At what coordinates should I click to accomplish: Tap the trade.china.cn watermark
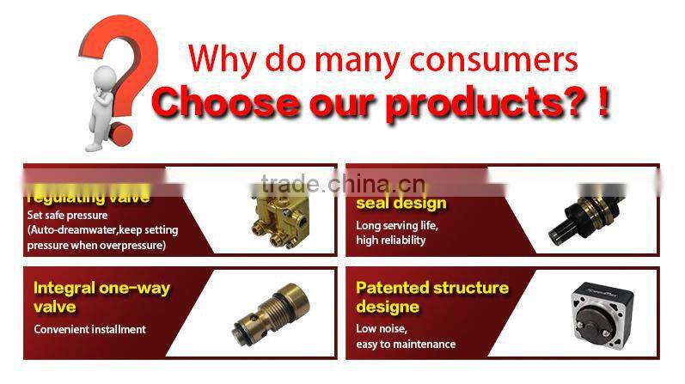point(342,184)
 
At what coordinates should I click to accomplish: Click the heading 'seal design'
point(401,204)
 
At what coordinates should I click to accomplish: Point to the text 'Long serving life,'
point(397,226)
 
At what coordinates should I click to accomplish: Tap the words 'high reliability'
point(391,241)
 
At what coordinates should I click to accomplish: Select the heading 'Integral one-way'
point(101,289)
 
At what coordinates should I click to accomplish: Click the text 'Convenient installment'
point(89,329)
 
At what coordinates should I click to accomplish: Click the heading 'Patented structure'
point(432,288)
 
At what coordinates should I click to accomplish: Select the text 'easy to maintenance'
point(406,344)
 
